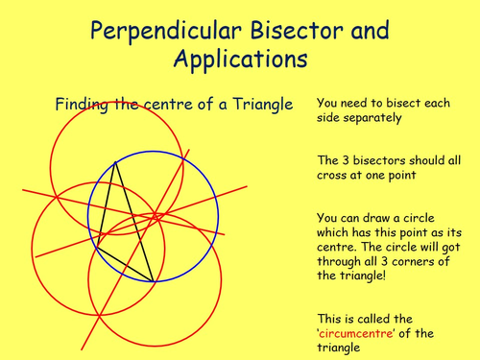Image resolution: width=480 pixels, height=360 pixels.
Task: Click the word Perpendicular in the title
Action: [166, 31]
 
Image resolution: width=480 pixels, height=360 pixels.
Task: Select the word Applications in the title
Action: [240, 60]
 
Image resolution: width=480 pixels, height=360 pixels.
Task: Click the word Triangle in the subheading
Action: [263, 105]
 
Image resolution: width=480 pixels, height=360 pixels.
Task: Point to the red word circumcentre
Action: [356, 333]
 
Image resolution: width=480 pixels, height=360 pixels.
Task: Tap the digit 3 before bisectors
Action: [346, 160]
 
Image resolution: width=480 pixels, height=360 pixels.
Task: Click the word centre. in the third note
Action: [336, 247]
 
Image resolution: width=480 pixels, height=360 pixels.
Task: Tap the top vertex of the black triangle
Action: [115, 162]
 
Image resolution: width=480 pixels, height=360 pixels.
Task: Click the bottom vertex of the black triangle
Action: [153, 281]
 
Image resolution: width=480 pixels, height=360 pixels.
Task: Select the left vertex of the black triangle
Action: [97, 247]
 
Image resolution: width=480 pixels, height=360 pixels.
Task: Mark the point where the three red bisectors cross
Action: [155, 217]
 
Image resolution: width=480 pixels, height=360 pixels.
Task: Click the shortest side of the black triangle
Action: [125, 264]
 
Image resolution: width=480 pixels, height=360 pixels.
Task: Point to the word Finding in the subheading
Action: [82, 105]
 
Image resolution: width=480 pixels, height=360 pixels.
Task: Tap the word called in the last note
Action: [374, 319]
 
